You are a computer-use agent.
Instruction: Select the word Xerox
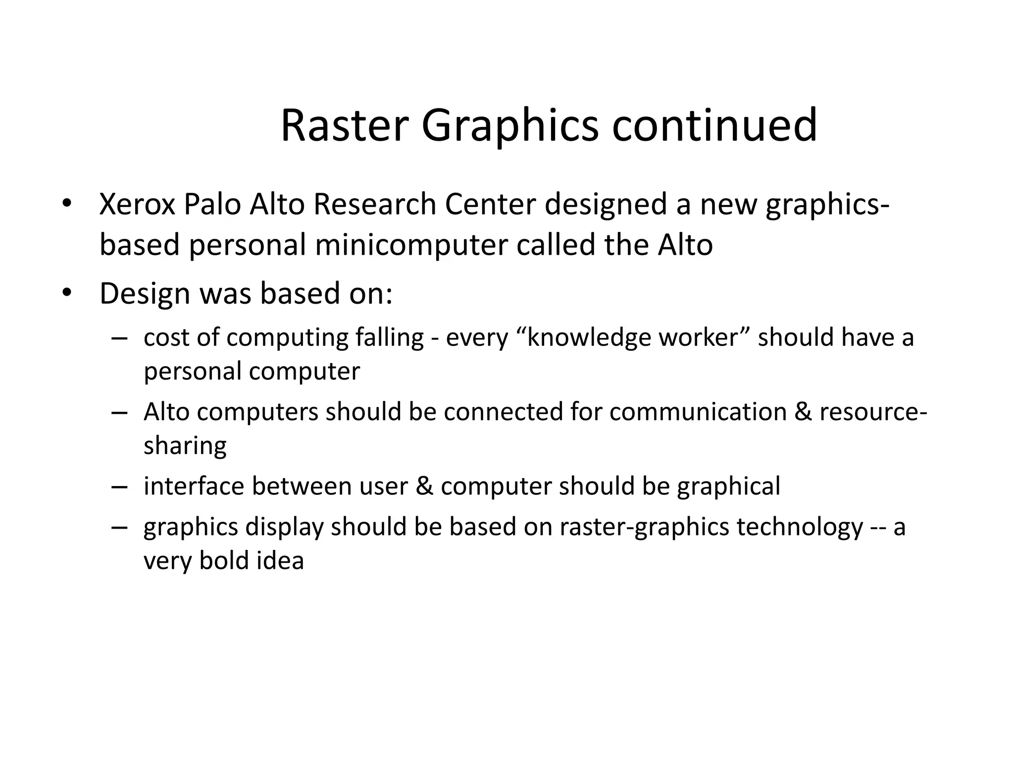(137, 204)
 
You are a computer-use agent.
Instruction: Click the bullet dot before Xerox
(67, 204)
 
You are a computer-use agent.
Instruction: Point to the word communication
(698, 412)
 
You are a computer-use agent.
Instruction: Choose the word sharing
(185, 445)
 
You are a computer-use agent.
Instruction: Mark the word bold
(224, 560)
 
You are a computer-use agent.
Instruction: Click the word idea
(280, 560)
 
